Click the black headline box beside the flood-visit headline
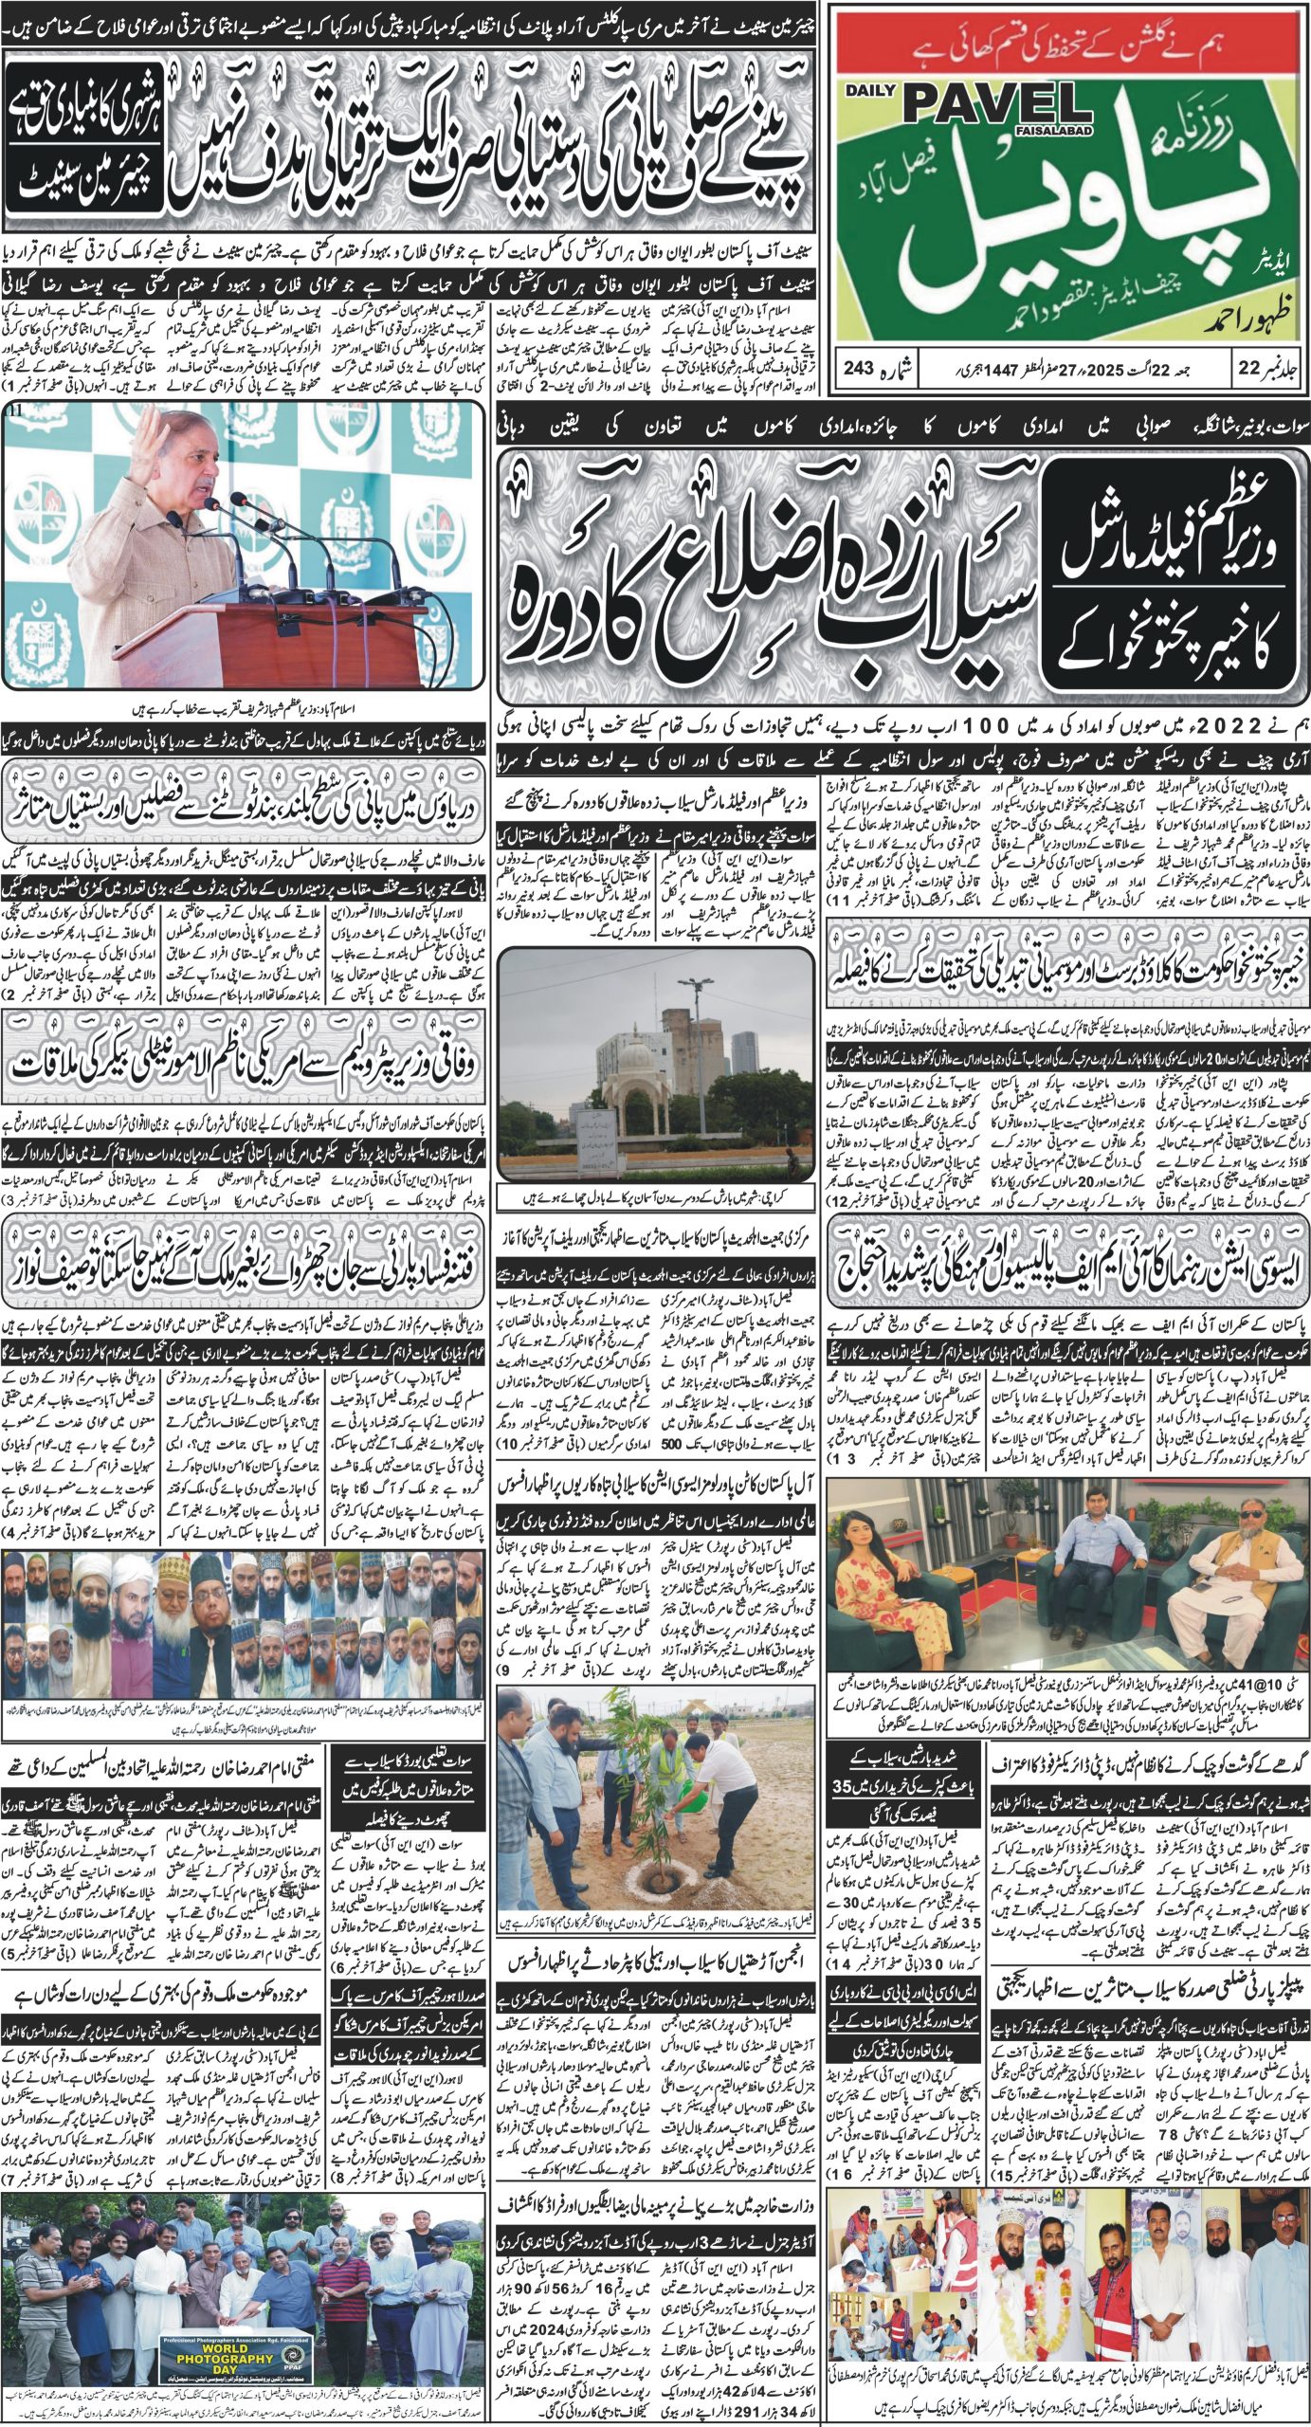click(1168, 573)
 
